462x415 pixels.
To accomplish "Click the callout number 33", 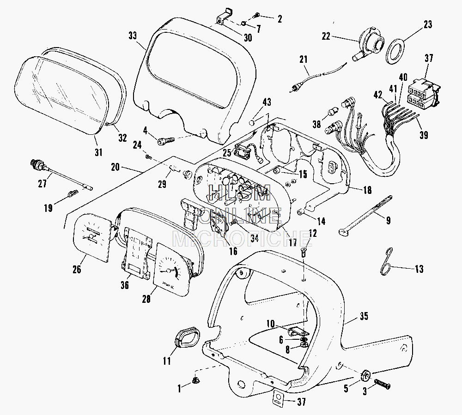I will tap(133, 36).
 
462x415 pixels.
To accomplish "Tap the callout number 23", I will tap(427, 24).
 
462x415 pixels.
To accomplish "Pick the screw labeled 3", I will tap(382, 383).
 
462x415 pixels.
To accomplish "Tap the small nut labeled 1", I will tap(195, 381).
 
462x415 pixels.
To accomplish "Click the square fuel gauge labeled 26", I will tap(93, 235).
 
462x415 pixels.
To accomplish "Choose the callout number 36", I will tap(124, 286).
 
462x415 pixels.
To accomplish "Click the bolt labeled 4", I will tap(165, 138).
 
